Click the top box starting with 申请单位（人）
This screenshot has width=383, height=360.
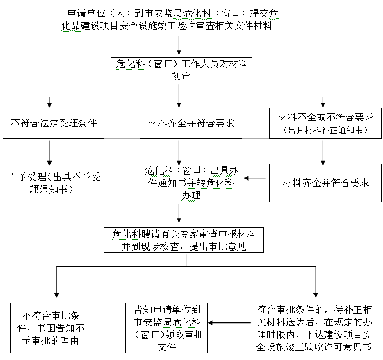[172, 20]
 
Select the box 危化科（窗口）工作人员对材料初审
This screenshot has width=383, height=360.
[181, 70]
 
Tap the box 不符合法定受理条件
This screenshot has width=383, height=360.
[53, 123]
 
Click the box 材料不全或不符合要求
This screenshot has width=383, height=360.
[325, 123]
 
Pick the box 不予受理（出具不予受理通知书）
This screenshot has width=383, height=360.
[53, 183]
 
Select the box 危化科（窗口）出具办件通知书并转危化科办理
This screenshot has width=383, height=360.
[191, 183]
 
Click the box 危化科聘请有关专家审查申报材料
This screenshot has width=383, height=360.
[184, 240]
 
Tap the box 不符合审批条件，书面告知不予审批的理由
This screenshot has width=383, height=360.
[50, 328]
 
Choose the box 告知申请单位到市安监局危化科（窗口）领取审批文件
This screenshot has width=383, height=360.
[166, 328]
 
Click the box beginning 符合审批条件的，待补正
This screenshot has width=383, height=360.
[314, 328]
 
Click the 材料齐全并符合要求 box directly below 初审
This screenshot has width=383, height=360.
[191, 123]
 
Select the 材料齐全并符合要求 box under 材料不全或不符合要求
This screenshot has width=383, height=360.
[325, 183]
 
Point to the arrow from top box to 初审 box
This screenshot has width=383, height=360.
[179, 46]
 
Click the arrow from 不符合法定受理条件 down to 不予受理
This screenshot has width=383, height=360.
[49, 153]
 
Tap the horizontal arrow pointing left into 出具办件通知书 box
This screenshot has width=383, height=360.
[255, 178]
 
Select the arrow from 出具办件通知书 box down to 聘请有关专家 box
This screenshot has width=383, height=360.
[179, 214]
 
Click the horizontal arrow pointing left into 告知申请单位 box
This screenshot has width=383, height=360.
[229, 323]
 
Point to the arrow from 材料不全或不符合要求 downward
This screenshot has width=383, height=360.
[323, 153]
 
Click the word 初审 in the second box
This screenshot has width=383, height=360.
[181, 76]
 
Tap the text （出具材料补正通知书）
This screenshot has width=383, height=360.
[325, 130]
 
